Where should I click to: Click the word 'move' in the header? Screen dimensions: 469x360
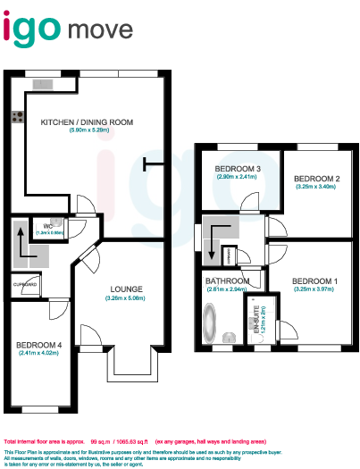tap(101, 32)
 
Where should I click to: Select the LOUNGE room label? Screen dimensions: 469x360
tap(125, 289)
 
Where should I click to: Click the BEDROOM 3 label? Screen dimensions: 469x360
tap(237, 169)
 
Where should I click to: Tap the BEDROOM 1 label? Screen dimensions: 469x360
tap(314, 281)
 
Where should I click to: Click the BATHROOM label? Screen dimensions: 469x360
tap(225, 281)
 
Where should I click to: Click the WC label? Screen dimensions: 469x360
tap(42, 226)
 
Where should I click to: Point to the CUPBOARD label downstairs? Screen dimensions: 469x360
tap(25, 285)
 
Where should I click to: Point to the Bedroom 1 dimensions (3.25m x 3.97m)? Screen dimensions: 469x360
tap(314, 289)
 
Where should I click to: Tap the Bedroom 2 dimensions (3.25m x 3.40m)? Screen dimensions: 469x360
tap(314, 187)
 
